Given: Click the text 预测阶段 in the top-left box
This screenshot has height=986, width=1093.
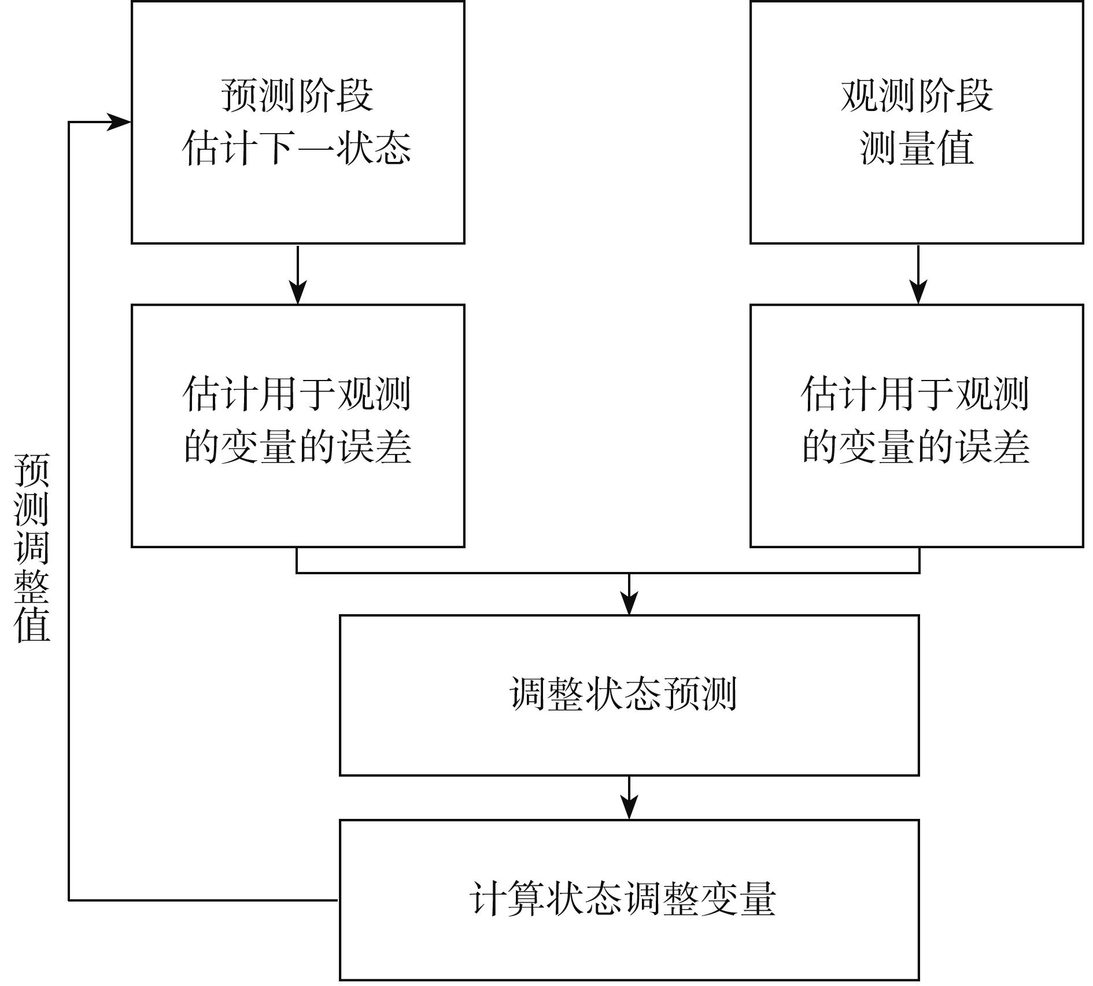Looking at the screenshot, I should tap(297, 95).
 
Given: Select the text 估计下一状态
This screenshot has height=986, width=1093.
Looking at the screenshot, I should tap(297, 148).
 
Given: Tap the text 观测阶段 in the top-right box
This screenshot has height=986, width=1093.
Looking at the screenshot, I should tap(917, 95).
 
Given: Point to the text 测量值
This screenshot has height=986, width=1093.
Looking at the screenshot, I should tap(917, 148).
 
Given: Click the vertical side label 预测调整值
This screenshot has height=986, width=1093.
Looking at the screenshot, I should tap(32, 547).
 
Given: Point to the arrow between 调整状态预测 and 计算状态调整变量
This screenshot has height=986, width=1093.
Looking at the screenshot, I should tap(629, 798).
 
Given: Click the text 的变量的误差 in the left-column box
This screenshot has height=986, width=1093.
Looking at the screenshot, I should tap(297, 447).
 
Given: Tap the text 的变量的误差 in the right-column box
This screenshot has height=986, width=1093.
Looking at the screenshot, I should tap(916, 447).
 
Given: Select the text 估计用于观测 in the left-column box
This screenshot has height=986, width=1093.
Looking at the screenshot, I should tap(297, 394).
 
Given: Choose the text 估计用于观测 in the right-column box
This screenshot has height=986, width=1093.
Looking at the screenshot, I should tap(915, 394).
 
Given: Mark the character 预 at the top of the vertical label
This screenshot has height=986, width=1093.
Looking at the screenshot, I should tap(32, 470).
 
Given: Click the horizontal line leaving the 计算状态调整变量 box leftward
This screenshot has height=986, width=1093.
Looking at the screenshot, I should tap(202, 900).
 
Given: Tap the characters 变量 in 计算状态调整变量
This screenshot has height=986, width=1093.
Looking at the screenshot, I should tap(737, 899).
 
